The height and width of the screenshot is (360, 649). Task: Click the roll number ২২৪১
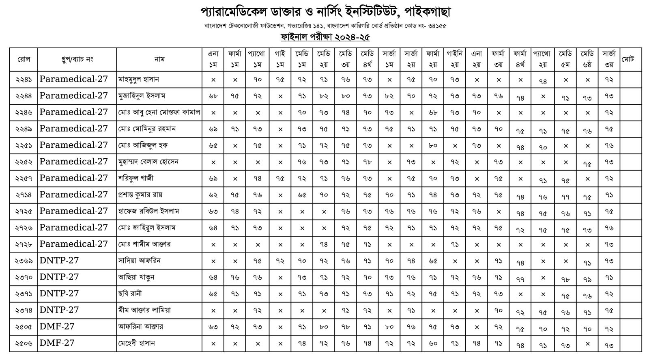pos(24,80)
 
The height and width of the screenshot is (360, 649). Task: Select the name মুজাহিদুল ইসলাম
pos(142,96)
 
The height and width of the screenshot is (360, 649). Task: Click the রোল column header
pos(24,59)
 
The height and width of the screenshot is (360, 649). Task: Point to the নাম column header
pos(159,59)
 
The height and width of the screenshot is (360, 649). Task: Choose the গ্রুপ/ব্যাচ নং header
pos(77,59)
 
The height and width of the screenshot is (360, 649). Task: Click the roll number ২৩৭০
pos(24,278)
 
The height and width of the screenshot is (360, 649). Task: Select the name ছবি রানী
pos(130,294)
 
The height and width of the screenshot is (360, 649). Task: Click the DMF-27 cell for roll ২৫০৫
pos(57,327)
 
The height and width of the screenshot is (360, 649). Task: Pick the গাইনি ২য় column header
pos(454,59)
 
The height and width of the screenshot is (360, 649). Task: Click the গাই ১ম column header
pos(280,59)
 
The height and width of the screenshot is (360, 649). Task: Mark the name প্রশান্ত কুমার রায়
pos(140,195)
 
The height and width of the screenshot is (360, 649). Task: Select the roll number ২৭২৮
pos(24,244)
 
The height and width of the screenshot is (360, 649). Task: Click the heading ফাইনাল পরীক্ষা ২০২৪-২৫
pos(325,37)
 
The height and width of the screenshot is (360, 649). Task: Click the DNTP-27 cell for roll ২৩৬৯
pos(59,261)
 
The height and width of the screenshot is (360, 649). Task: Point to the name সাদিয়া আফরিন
pos(139,261)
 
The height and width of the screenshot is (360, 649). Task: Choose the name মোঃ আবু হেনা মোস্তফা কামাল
pos(159,112)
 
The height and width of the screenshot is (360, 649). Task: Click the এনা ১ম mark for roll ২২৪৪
pos(213,96)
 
